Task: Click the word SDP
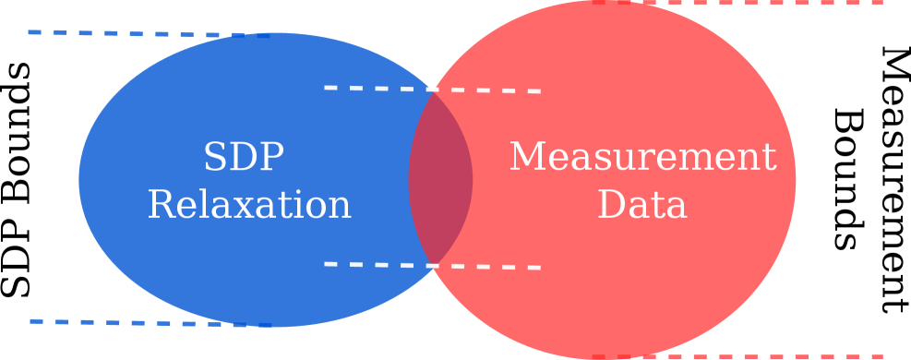tap(244, 158)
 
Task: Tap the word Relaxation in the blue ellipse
tap(249, 205)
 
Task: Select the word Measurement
tap(642, 157)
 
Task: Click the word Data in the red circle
tap(642, 205)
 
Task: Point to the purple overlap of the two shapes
tap(441, 179)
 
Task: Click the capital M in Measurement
tap(527, 157)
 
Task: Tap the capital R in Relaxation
tap(161, 205)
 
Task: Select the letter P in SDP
tap(271, 158)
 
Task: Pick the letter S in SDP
tap(214, 158)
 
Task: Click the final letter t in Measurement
tap(769, 158)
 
